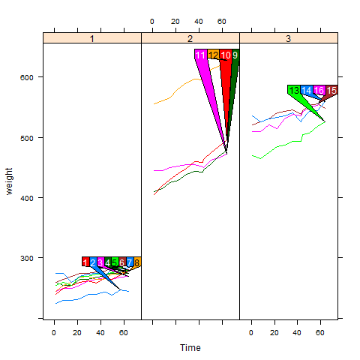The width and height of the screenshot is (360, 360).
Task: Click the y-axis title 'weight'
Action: [x=9, y=181]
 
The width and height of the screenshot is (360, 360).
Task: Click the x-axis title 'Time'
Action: [x=190, y=348]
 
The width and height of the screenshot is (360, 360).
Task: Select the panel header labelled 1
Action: [x=92, y=38]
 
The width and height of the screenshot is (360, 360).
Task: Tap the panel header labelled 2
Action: [x=190, y=38]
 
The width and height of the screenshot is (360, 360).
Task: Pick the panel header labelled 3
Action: [x=289, y=38]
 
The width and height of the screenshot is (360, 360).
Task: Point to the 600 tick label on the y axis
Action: [x=26, y=77]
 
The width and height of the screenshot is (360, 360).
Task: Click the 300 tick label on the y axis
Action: [x=26, y=258]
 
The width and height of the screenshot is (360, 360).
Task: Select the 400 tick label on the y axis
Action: [x=26, y=198]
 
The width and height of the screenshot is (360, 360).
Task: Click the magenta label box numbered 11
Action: [x=201, y=55]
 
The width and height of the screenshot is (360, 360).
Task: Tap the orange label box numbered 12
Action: [x=214, y=55]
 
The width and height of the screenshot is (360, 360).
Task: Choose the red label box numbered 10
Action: [x=226, y=55]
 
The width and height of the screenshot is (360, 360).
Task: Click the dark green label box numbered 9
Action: [x=235, y=55]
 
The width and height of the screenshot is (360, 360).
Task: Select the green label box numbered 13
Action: [x=294, y=90]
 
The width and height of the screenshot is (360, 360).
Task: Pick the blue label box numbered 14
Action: [x=307, y=90]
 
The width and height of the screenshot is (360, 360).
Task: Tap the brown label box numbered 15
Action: [x=331, y=90]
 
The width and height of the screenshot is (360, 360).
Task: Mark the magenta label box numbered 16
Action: [x=319, y=90]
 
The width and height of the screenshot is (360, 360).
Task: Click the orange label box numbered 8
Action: [x=137, y=262]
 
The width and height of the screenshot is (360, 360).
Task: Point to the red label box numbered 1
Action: [x=85, y=262]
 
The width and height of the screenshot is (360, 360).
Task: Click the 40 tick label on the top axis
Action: [x=199, y=22]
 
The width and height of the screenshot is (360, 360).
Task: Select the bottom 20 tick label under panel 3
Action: [x=274, y=333]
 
